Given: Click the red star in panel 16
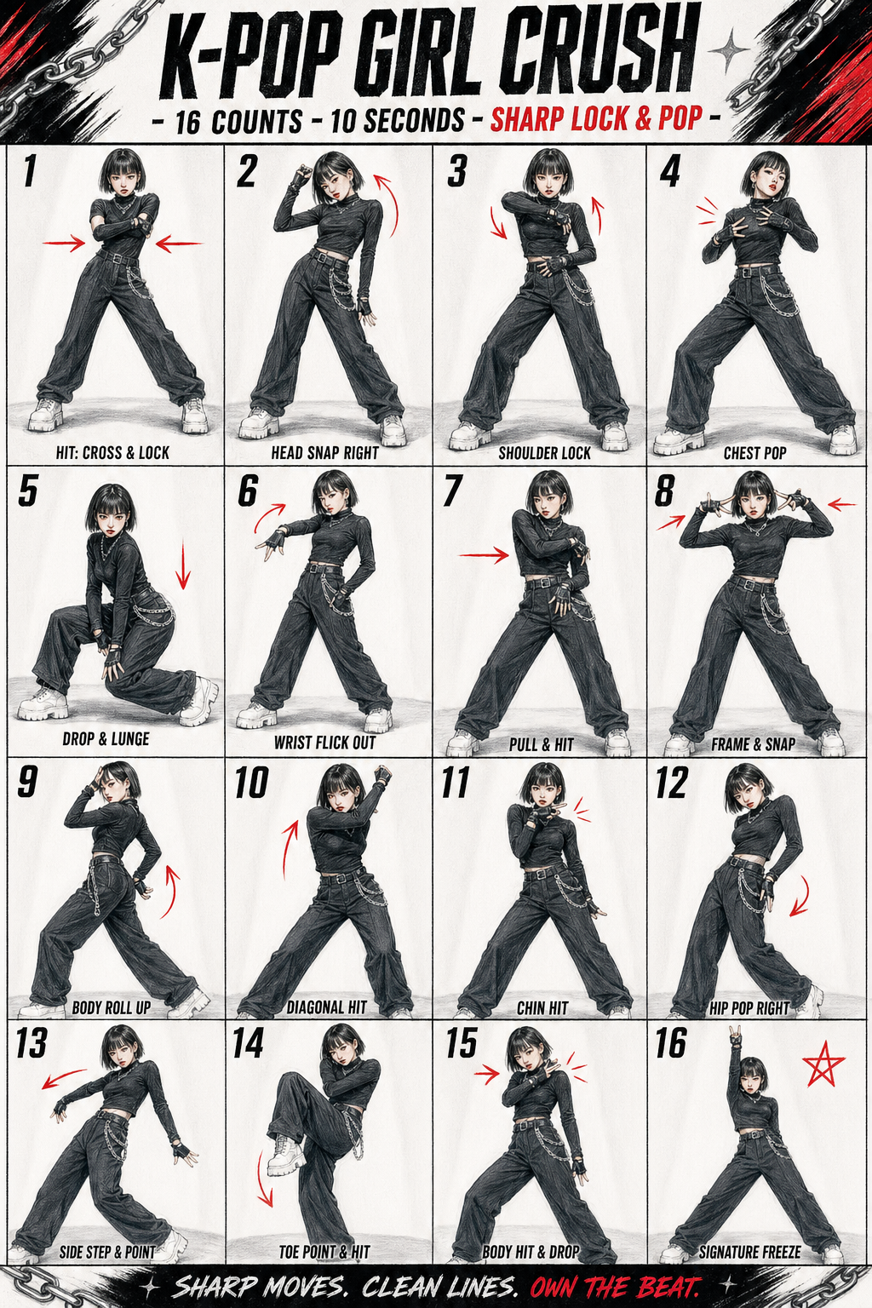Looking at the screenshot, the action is tap(823, 1064).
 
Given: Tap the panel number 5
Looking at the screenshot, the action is tap(27, 490).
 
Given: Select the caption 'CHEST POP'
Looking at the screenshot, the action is tap(754, 452).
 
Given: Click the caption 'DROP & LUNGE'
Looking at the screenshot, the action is tap(106, 738).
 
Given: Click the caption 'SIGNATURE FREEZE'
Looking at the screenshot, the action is tap(749, 1251).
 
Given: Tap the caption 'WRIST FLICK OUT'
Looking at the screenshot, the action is tap(324, 743).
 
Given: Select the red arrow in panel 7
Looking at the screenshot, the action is tap(485, 555).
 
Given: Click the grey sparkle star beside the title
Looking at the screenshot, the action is tap(727, 51).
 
